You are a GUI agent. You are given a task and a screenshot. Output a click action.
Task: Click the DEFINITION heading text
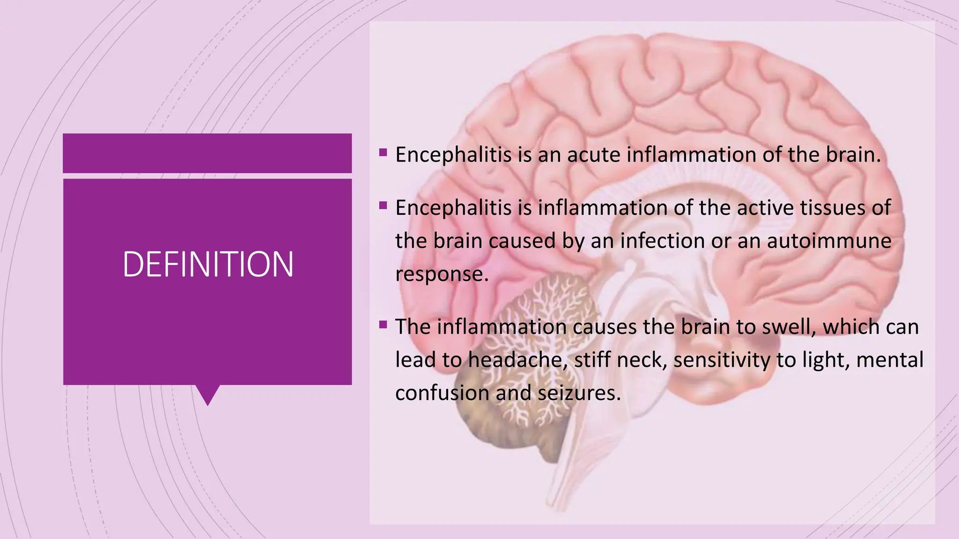208,264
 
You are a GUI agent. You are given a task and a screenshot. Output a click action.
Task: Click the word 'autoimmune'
829,241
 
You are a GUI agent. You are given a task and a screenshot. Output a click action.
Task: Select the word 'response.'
442,274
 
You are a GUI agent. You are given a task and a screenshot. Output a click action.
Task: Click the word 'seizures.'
579,393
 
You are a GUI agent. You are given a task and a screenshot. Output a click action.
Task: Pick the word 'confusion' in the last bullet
442,393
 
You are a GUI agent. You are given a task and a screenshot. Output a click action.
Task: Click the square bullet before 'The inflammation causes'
384,324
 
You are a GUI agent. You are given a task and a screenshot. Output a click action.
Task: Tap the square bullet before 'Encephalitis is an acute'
384,152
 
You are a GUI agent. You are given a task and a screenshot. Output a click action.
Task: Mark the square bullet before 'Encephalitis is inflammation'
384,205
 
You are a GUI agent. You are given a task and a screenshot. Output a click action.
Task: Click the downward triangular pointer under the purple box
207,394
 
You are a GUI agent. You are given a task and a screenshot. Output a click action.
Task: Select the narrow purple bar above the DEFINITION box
207,153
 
